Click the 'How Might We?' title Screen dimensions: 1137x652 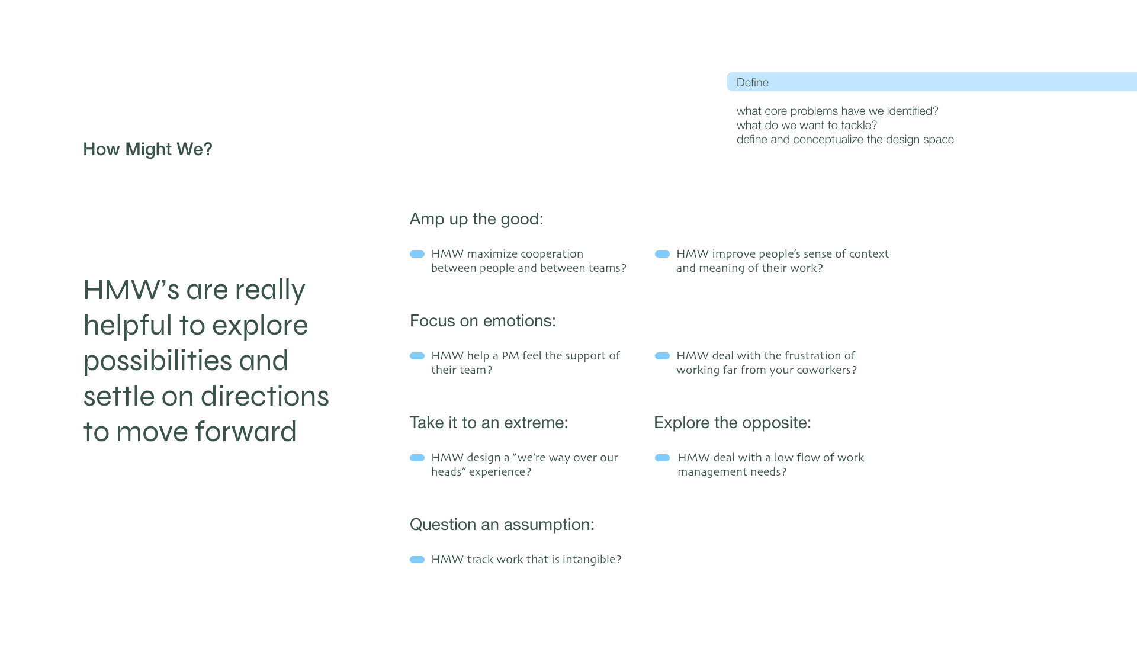[x=147, y=149]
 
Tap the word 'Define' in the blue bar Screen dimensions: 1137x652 [x=753, y=82]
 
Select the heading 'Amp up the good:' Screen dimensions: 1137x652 [x=477, y=219]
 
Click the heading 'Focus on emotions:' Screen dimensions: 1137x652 [x=483, y=321]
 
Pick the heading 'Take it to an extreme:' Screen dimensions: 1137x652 [x=489, y=423]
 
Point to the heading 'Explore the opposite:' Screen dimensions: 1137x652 [x=733, y=423]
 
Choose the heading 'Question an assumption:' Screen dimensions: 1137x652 [x=502, y=525]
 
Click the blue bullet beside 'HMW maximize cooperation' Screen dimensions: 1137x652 [x=417, y=254]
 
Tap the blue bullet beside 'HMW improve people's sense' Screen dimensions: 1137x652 [x=663, y=254]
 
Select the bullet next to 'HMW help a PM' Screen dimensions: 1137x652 [x=417, y=356]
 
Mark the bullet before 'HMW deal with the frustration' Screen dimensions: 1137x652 [x=663, y=356]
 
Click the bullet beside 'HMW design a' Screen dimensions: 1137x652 [x=417, y=458]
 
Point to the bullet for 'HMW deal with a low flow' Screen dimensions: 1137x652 [x=663, y=458]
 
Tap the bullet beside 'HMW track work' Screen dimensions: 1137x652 [x=417, y=560]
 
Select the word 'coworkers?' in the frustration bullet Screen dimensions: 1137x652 [x=827, y=370]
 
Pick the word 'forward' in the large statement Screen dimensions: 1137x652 [x=246, y=432]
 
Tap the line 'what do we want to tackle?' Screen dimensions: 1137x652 [x=807, y=126]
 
